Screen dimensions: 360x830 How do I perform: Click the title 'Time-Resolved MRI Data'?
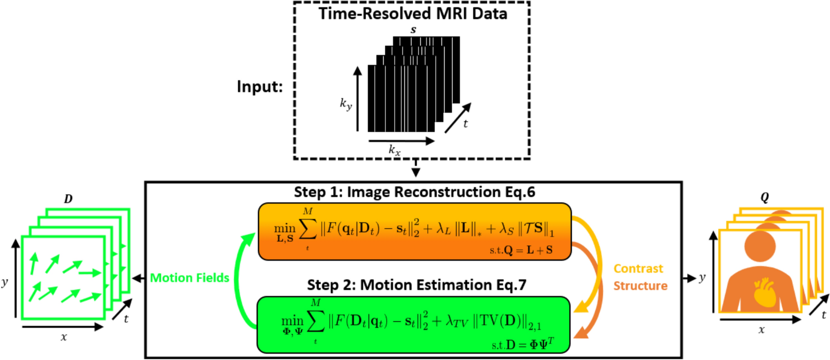coord(413,14)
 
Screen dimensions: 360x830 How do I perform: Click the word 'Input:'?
coord(260,87)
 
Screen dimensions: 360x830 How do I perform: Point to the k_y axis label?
coord(346,104)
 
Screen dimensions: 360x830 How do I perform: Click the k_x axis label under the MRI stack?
coord(394,150)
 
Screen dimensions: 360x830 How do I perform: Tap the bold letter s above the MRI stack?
coord(413,30)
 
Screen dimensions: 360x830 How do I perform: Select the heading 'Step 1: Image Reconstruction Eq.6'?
coord(414,192)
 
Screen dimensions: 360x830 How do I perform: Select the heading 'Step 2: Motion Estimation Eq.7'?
coord(416,284)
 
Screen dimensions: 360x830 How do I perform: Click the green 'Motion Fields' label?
coord(190,278)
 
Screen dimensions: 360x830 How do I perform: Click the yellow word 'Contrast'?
coord(638,269)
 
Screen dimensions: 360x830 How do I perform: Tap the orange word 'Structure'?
coord(640,286)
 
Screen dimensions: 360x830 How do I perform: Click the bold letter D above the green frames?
coord(68,199)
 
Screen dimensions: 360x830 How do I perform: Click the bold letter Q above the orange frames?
coord(764,198)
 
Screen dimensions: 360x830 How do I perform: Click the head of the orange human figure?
coord(760,246)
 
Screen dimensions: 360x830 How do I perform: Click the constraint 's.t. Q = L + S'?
coord(521,250)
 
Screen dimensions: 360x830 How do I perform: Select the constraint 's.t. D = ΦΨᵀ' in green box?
coord(523,344)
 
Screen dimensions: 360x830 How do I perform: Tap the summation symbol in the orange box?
coord(308,229)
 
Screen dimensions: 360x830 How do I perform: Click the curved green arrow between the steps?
coord(240,282)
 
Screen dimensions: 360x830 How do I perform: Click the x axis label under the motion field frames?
coord(64,337)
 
